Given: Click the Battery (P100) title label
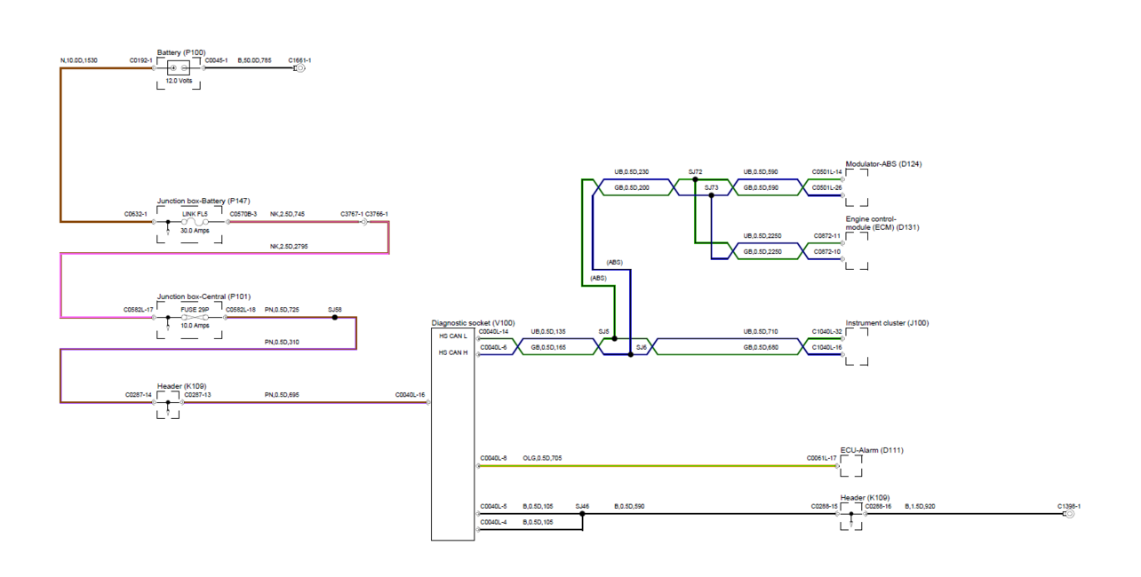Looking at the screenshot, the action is pyautogui.click(x=181, y=52).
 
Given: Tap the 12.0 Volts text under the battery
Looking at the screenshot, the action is pyautogui.click(x=179, y=81).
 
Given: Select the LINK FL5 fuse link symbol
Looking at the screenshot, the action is pyautogui.click(x=195, y=222).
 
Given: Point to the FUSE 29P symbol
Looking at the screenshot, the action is pyautogui.click(x=195, y=318).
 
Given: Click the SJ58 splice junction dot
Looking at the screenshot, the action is pyautogui.click(x=335, y=318).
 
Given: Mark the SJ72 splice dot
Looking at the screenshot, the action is pyautogui.click(x=695, y=179).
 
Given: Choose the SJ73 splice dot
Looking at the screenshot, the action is pyautogui.click(x=712, y=195).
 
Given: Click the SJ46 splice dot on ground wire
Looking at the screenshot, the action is pyautogui.click(x=582, y=514).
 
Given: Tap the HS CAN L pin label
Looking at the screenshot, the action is pyautogui.click(x=453, y=336).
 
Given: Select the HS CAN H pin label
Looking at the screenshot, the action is pyautogui.click(x=453, y=352).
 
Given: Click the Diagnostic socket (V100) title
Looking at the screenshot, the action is pyautogui.click(x=474, y=323).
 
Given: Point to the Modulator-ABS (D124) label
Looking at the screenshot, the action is pyautogui.click(x=884, y=164).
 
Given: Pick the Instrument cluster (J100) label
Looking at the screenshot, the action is pyautogui.click(x=888, y=323).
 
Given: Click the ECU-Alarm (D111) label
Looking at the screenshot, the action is pyautogui.click(x=872, y=450).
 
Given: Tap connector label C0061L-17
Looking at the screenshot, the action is pyautogui.click(x=822, y=458).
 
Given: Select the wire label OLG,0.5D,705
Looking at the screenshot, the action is pyautogui.click(x=542, y=458).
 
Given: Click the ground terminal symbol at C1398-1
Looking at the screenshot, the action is pyautogui.click(x=1070, y=514).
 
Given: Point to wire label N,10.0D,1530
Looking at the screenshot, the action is pyautogui.click(x=79, y=60).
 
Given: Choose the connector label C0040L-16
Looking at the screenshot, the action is pyautogui.click(x=410, y=395).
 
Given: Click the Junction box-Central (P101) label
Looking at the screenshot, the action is pyautogui.click(x=203, y=296).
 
